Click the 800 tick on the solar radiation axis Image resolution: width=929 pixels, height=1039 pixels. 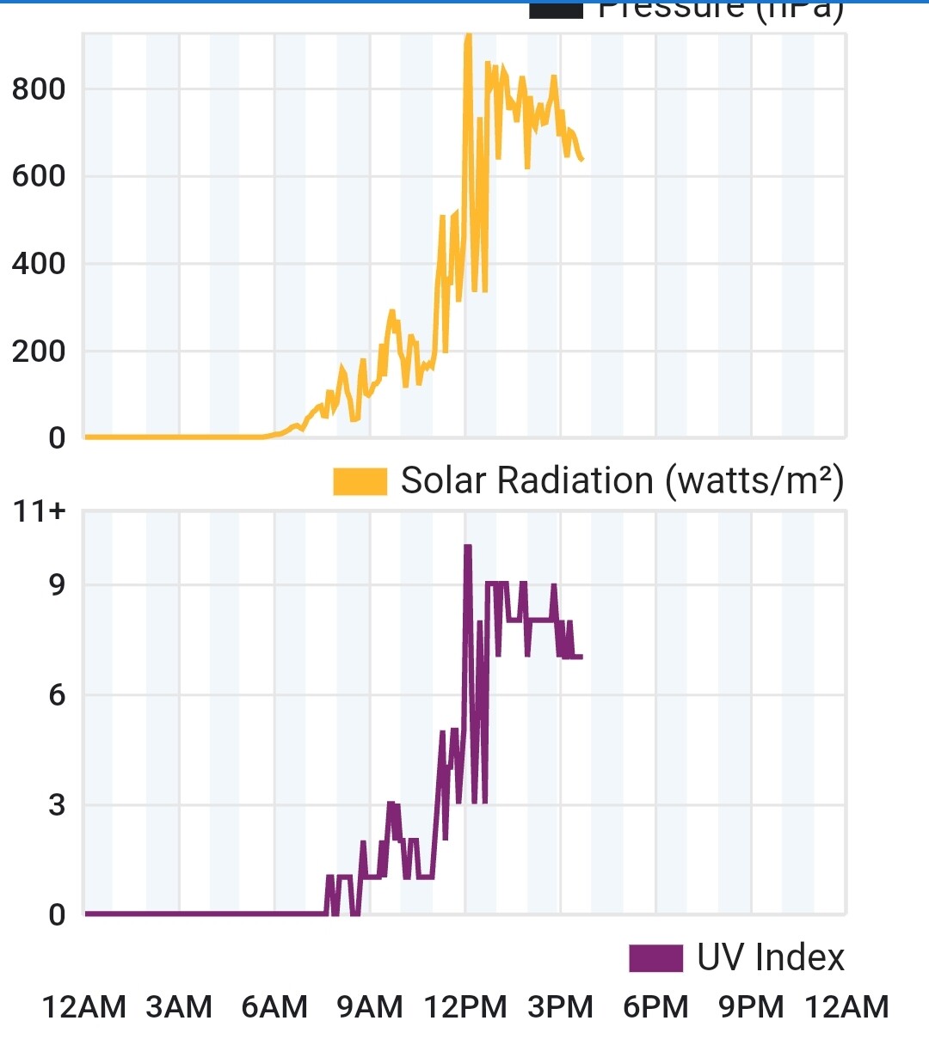point(39,89)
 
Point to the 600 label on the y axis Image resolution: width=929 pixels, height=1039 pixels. point(39,176)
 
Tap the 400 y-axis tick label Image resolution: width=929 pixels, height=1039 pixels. point(39,264)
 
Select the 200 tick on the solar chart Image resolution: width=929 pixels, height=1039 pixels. point(39,351)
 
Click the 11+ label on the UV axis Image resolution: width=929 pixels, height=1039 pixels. point(40,511)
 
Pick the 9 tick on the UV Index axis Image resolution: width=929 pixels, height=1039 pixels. point(57,585)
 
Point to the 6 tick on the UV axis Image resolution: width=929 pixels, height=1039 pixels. point(57,695)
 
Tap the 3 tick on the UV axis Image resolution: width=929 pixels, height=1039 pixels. point(57,805)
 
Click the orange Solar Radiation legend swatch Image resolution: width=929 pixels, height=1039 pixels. point(360,481)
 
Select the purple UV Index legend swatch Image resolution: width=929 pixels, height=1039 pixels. point(655,957)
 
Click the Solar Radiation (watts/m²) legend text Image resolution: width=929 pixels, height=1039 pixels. point(622,480)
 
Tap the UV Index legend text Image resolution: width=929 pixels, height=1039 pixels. point(771,957)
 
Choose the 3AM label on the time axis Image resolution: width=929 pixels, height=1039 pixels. point(179,1006)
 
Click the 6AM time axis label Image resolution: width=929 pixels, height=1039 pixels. point(274,1006)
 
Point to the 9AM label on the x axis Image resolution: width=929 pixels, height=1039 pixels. point(370,1006)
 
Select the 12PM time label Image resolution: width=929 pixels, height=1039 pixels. point(465,1006)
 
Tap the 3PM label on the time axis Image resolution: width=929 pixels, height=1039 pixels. point(561,1006)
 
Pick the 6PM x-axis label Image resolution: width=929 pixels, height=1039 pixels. point(656,1006)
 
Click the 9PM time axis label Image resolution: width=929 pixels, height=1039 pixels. point(752,1006)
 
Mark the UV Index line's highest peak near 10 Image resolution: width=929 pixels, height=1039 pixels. point(468,547)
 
